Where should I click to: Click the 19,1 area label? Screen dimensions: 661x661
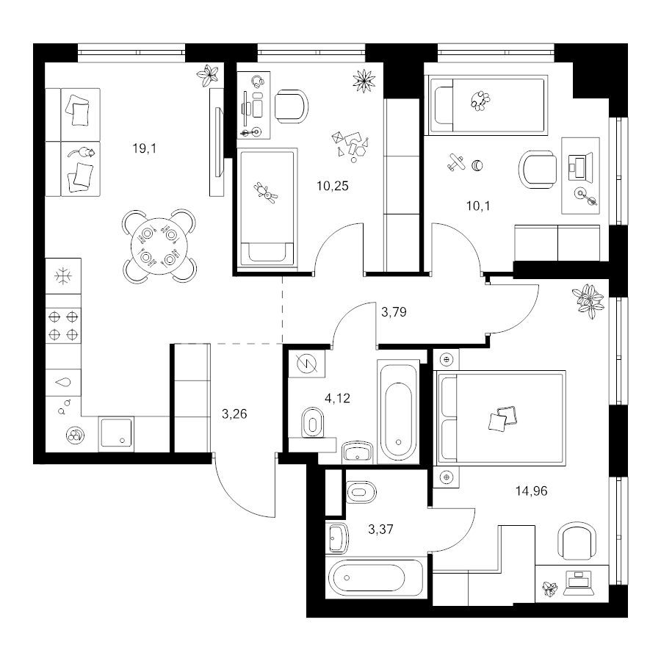pos(144,148)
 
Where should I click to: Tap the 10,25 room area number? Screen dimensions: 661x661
pos(333,186)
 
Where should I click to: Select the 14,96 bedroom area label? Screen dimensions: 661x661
pos(531,491)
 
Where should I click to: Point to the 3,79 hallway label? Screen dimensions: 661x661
pos(394,312)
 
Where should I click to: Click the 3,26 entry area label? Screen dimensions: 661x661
pos(234,414)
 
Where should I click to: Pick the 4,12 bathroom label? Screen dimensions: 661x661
pos(337,398)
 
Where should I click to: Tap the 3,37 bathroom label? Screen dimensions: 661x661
pos(380,529)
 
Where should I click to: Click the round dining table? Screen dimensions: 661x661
pos(159,246)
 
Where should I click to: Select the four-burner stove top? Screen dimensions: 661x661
pos(63,325)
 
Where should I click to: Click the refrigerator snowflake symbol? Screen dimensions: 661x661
pos(63,276)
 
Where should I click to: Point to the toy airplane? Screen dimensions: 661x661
pos(455,162)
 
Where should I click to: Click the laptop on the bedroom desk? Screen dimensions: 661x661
pos(578,582)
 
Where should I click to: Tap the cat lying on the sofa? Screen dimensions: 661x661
pos(82,152)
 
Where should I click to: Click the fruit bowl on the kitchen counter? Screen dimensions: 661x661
pos(76,435)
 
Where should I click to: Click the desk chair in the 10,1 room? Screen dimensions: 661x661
pos(537,170)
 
